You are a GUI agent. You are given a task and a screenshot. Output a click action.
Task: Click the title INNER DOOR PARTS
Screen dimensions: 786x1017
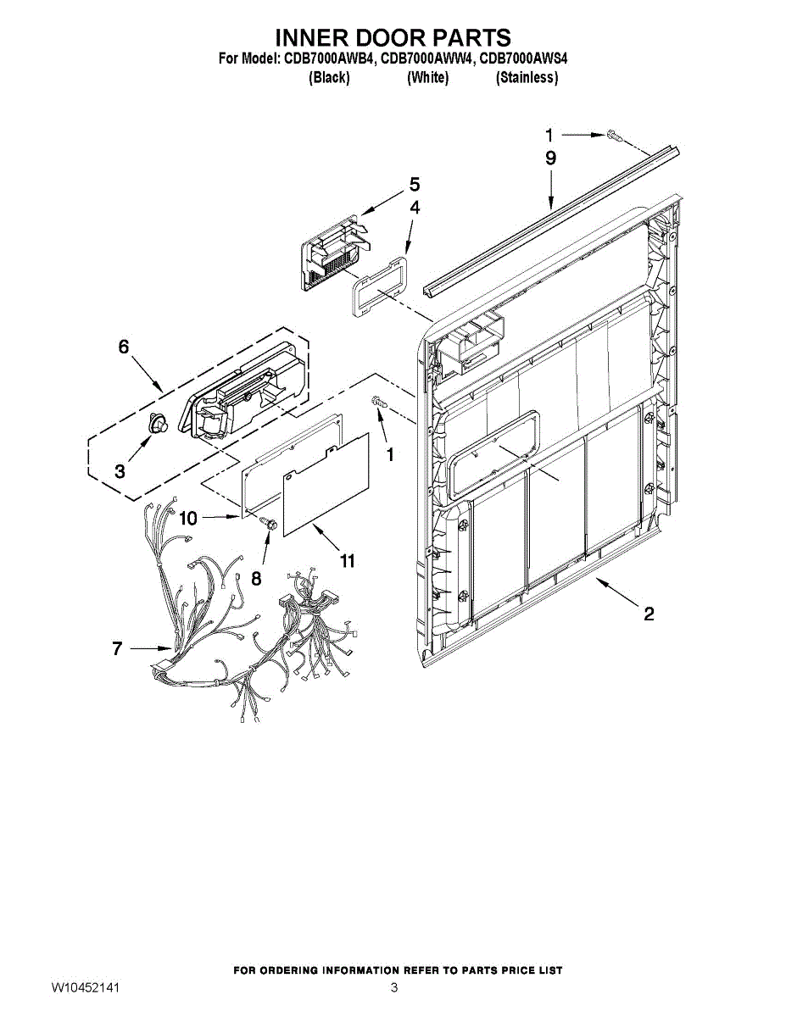pos(393,38)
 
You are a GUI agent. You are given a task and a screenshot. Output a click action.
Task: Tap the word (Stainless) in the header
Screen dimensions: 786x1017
pos(527,78)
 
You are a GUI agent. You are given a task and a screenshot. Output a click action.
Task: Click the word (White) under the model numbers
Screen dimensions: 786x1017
pos(427,78)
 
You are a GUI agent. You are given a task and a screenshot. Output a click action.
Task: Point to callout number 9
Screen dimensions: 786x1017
pos(550,158)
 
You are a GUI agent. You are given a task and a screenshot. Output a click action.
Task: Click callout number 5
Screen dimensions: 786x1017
pos(415,184)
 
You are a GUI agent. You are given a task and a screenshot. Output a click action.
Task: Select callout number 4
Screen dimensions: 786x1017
pos(415,207)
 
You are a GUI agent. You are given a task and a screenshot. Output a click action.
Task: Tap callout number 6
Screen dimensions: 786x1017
pos(124,347)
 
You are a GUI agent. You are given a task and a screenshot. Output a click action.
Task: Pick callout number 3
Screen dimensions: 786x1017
pos(120,471)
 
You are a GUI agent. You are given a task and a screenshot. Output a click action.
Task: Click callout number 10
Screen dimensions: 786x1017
pos(187,517)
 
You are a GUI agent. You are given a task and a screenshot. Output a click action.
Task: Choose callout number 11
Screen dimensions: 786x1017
pos(347,560)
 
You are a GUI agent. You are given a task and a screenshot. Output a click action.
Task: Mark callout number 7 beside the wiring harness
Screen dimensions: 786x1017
pos(118,649)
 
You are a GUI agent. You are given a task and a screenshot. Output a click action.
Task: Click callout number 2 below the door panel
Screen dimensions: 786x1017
pos(649,614)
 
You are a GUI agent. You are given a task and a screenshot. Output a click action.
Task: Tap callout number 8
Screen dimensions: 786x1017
pos(256,579)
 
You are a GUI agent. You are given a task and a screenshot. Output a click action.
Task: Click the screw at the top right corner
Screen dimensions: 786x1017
pos(615,135)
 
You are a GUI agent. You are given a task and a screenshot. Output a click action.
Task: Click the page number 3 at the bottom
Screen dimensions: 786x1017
pos(393,988)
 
